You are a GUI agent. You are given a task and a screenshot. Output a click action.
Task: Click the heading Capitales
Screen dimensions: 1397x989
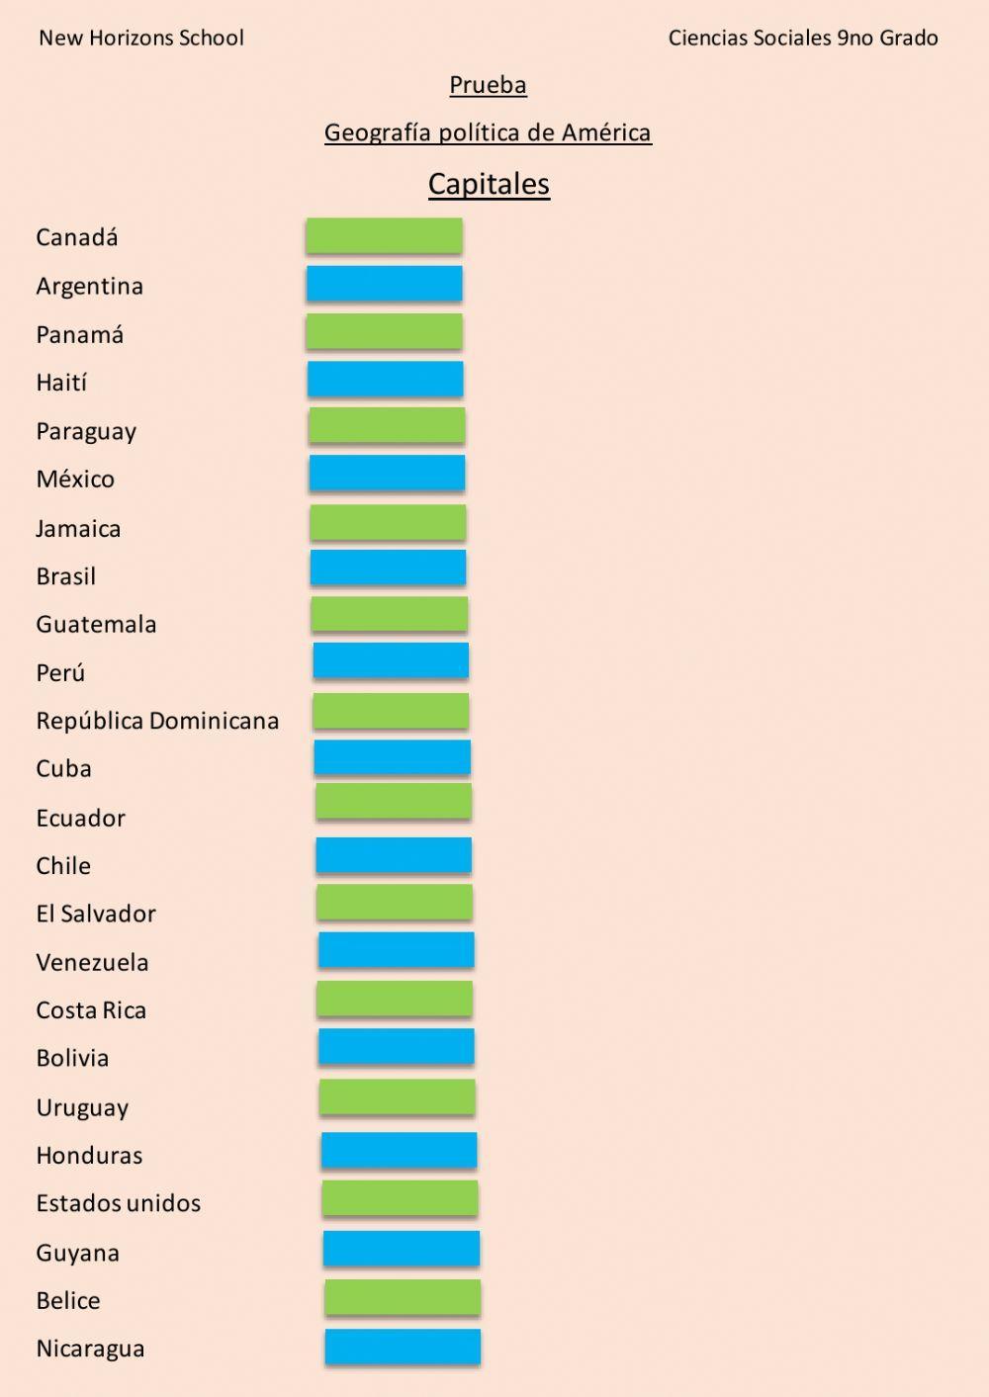click(x=489, y=184)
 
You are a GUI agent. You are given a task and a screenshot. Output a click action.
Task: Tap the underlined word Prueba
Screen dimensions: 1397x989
click(x=488, y=85)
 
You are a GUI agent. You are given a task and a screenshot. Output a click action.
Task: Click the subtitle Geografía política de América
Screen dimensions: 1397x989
click(x=488, y=132)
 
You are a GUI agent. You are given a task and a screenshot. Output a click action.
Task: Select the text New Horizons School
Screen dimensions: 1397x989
click(x=141, y=39)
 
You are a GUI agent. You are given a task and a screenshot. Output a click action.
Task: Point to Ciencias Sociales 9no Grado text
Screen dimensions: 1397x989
click(x=803, y=39)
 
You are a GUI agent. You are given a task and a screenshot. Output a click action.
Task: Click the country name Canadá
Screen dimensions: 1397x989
click(x=77, y=237)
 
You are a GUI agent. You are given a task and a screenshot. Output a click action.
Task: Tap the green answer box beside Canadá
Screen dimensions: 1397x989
click(x=384, y=235)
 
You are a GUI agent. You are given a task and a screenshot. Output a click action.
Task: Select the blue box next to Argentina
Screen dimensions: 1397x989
click(x=384, y=284)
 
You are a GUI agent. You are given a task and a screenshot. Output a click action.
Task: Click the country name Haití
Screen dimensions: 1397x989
click(x=61, y=383)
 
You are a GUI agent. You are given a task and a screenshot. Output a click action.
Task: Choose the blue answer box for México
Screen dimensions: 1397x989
click(x=387, y=474)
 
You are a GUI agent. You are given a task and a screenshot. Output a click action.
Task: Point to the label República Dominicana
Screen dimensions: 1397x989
click(x=157, y=721)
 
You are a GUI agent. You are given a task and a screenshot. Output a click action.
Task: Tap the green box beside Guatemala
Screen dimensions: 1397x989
click(x=389, y=614)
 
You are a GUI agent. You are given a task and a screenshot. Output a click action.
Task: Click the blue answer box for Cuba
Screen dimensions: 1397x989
click(x=393, y=758)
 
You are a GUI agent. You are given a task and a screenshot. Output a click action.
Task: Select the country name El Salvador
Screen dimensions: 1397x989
click(x=96, y=914)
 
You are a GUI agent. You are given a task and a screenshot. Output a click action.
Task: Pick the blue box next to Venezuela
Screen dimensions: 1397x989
click(x=396, y=950)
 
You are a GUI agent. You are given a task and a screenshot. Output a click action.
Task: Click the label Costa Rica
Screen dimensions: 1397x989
click(x=91, y=1010)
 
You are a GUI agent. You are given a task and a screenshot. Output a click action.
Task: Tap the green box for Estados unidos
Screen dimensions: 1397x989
click(x=400, y=1198)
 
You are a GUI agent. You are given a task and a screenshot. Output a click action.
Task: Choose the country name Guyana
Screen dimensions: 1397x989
click(x=77, y=1253)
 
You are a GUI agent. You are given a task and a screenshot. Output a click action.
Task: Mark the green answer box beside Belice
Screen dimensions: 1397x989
click(x=403, y=1298)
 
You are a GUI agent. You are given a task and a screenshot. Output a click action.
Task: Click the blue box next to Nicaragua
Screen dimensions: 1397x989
click(x=403, y=1347)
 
